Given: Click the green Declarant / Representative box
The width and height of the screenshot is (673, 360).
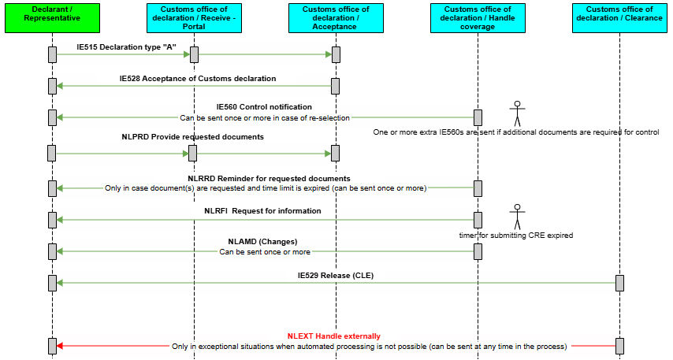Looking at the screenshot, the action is coord(52,18).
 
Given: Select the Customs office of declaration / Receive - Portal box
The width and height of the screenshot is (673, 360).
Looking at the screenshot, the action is coord(194,18).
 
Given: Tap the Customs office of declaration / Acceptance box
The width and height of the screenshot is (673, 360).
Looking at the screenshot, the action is coord(336,18).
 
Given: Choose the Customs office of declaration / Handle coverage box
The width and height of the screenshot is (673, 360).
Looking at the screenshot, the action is coord(478,18).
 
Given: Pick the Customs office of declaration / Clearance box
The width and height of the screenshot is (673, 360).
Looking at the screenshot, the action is coord(619,18).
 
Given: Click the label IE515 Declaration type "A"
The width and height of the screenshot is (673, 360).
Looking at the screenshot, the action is coord(126,47).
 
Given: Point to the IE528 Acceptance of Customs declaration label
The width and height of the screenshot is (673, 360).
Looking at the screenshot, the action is coord(198,79).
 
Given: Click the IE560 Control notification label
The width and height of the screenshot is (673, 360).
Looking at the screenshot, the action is coord(264,107).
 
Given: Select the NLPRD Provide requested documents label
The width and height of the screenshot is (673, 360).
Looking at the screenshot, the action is coord(193,137).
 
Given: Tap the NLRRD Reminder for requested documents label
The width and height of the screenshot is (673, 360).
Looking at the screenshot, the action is coord(269,179).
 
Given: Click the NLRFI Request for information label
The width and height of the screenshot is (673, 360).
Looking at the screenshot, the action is coord(262,210).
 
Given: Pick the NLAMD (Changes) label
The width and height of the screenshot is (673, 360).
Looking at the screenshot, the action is coord(262,242).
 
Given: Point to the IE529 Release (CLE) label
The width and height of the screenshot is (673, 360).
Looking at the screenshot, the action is coord(336,276).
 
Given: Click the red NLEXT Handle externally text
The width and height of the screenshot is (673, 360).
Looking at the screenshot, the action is coord(334,336).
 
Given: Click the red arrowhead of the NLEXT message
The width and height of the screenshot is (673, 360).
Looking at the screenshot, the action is coord(60,346).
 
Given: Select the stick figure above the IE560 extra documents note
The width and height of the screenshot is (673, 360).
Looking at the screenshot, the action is coord(517,113).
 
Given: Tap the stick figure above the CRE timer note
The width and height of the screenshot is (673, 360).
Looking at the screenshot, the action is coord(517,217).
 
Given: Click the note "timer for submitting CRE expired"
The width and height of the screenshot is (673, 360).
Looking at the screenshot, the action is coord(516,235).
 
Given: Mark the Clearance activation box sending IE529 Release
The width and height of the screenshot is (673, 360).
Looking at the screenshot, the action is coord(619,283).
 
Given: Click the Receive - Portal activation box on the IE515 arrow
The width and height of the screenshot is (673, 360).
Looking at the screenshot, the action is coord(194,54).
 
